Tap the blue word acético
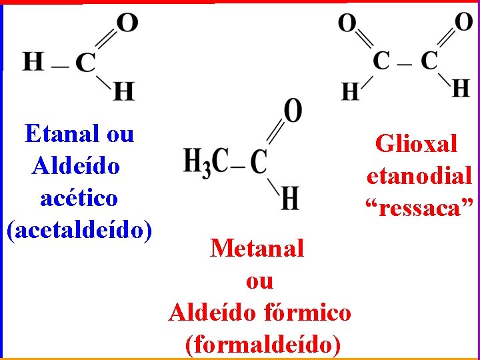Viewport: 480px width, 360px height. pos(79,198)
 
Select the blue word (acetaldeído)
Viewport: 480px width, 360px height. pos(79,230)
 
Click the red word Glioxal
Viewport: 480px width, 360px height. pos(417,143)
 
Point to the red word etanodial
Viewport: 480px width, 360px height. pos(419,175)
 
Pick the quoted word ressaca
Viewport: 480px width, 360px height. pos(419,208)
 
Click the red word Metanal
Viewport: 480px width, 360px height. pos(257,249)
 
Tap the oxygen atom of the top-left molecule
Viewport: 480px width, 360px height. pos(127,23)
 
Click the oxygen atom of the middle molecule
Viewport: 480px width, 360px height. pos(292,111)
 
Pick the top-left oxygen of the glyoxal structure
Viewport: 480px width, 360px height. pos(347,24)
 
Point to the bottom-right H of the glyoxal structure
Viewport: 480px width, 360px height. pos(461,87)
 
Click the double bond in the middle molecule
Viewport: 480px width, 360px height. pos(275,134)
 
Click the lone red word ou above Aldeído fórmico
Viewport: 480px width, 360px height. pos(259,281)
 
